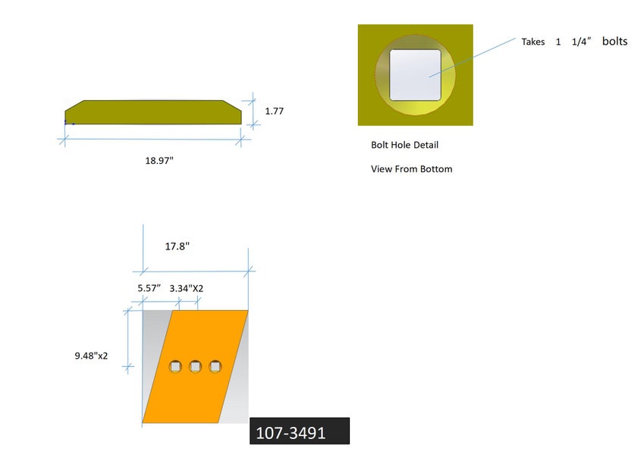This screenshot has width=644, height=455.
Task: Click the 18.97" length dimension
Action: coord(159,161)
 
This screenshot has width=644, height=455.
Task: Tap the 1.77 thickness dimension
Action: coord(275,111)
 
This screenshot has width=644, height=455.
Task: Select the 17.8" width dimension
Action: coord(177,246)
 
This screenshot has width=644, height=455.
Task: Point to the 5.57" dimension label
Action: coord(149,288)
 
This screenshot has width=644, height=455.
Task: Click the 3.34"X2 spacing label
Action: coord(187,289)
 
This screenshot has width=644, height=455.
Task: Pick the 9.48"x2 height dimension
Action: coord(91,356)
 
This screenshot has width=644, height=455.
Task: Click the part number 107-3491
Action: coord(291,433)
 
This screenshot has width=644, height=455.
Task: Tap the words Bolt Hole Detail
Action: coord(404,145)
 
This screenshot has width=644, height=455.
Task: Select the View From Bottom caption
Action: coord(412,169)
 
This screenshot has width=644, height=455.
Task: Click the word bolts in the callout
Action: coord(615,41)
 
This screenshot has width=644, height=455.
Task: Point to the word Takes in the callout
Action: coord(533,42)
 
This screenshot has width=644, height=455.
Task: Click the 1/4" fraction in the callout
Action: coord(581,42)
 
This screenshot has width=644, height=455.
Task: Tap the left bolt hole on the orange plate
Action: coord(175,366)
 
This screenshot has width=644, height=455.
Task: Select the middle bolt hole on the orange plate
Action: coord(195,366)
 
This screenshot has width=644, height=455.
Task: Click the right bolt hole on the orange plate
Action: coord(215,366)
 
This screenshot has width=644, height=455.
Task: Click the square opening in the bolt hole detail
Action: coord(415,75)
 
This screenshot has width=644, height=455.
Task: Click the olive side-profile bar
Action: coord(153,112)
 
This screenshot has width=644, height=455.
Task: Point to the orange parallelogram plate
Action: coord(195,367)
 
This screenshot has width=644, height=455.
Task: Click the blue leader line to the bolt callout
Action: coord(473,58)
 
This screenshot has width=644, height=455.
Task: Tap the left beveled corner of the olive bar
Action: coord(74,105)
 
